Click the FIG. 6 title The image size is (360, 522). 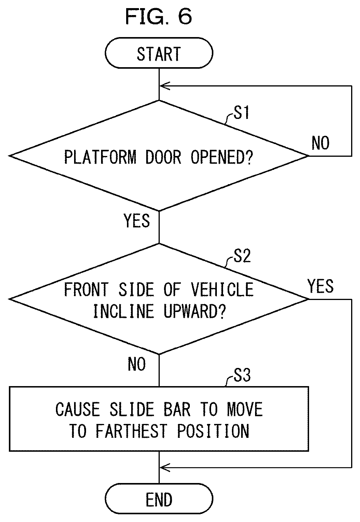(159, 16)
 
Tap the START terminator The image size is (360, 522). (159, 53)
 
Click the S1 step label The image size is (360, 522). (242, 112)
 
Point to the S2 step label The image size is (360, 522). (242, 256)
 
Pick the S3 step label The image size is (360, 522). (242, 375)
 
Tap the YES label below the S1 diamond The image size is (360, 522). (137, 220)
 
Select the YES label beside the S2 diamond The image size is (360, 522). (321, 286)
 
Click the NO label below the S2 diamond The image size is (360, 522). (137, 364)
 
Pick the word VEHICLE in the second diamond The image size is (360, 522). (222, 290)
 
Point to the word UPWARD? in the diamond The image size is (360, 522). (195, 311)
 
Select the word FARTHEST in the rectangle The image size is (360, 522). (132, 431)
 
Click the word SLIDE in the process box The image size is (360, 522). (132, 409)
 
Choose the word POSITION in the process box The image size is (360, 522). (213, 431)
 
